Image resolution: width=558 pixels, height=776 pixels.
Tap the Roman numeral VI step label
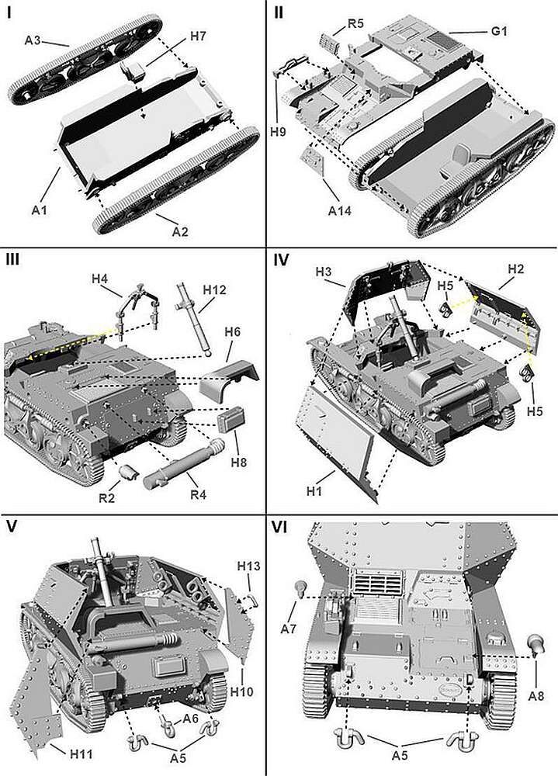pyautogui.click(x=282, y=527)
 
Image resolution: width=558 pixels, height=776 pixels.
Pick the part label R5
pyautogui.click(x=355, y=24)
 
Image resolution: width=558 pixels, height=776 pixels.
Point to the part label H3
pyautogui.click(x=324, y=272)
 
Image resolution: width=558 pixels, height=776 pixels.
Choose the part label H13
pyautogui.click(x=249, y=565)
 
